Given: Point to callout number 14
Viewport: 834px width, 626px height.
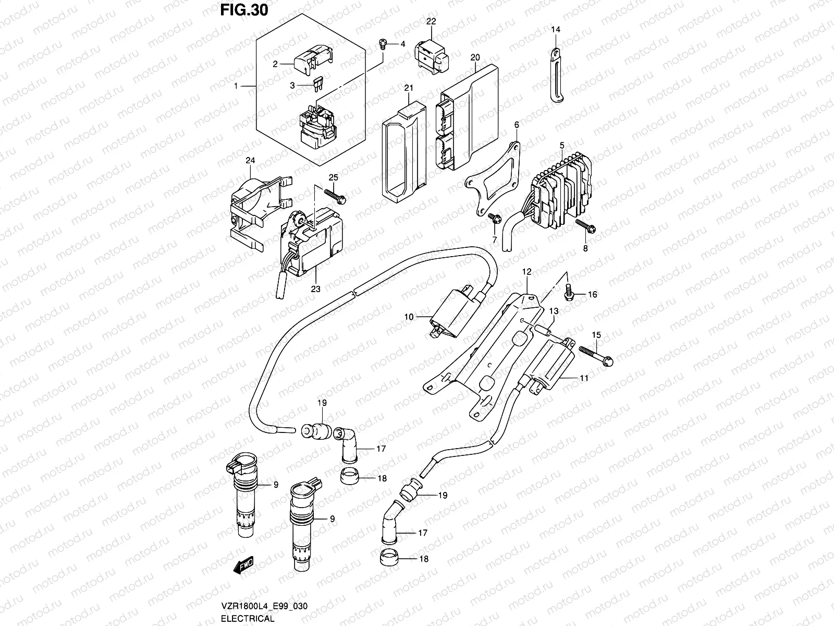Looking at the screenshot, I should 556,30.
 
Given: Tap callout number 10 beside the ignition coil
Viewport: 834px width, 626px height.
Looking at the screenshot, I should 408,317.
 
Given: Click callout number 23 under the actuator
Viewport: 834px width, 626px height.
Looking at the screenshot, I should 316,288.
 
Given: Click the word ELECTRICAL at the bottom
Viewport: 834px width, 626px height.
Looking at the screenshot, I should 248,618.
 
